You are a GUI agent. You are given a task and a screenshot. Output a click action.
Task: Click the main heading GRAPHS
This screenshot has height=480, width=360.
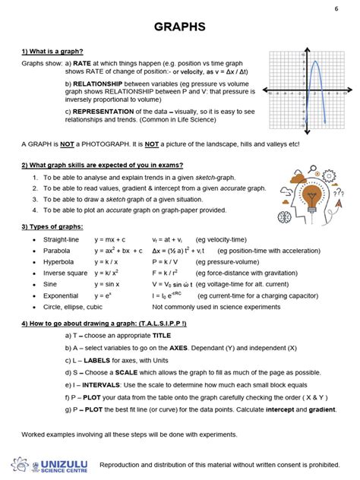(x=179, y=27)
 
